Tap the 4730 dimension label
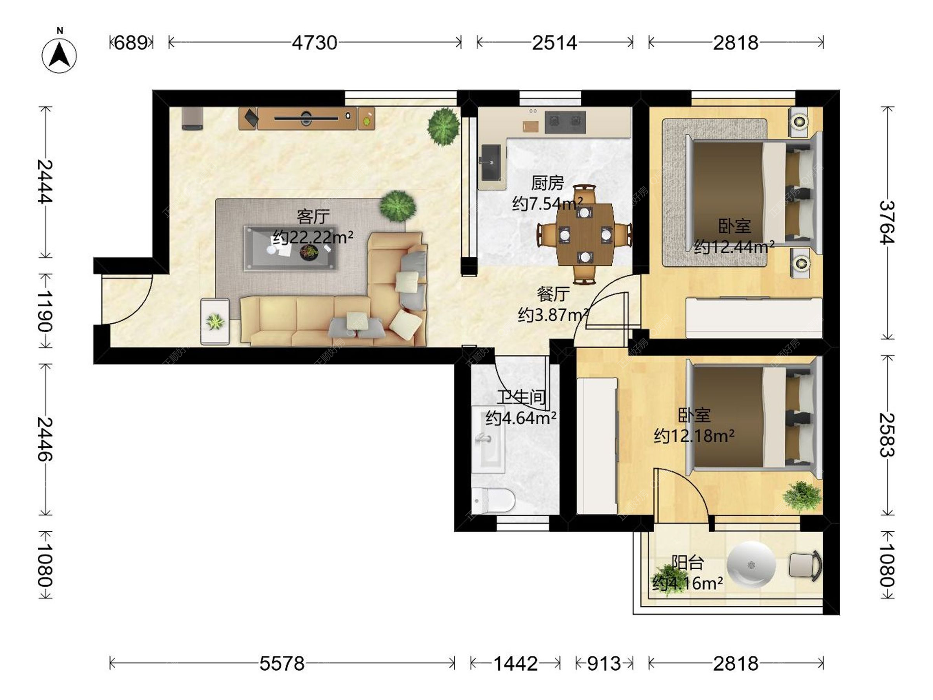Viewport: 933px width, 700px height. pos(314,43)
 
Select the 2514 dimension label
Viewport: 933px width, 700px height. pos(554,43)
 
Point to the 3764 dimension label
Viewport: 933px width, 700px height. pos(887,222)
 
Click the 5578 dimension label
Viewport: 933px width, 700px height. pos(282,664)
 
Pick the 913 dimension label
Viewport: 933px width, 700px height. pos(604,664)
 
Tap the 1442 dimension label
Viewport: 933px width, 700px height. pos(516,664)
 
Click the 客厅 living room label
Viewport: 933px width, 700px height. pos(313,216)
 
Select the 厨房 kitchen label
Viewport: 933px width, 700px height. pos(548,183)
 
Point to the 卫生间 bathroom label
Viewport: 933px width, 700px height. pos(521,397)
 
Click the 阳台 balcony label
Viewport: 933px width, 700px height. pos(688,562)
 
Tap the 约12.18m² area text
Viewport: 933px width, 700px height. pos(694,436)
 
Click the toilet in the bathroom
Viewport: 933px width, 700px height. pos(493,501)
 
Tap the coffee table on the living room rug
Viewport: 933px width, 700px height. pos(291,248)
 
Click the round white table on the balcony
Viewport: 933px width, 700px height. pos(751,565)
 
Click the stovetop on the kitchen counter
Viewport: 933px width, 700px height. pos(565,122)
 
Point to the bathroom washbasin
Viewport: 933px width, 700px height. pos(488,439)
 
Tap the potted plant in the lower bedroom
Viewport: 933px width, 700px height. pos(802,496)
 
